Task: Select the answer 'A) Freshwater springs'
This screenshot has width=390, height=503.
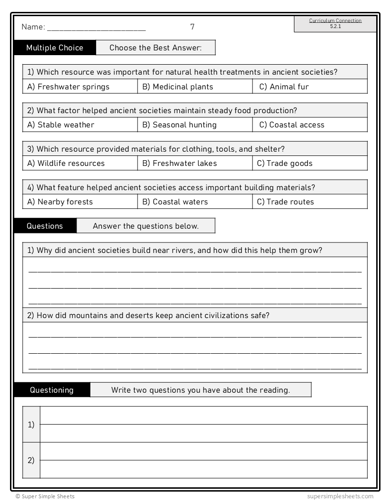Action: click(68, 87)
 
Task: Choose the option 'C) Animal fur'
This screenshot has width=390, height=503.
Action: click(284, 87)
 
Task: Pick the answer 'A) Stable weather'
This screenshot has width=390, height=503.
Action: click(61, 125)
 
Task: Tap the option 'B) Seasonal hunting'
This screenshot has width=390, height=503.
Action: click(180, 125)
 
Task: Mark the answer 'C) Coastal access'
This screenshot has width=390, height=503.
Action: click(292, 125)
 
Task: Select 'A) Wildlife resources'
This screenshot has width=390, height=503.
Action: click(66, 163)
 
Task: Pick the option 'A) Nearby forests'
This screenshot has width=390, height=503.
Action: click(60, 202)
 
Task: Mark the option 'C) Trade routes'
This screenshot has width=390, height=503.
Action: click(285, 202)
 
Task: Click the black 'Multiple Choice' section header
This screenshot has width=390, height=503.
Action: click(55, 48)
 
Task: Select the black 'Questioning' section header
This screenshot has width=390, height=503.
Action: click(52, 390)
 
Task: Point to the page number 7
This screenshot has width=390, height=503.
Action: click(192, 27)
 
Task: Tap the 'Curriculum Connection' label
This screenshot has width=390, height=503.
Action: click(335, 21)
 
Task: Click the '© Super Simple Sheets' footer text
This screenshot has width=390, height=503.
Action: click(45, 496)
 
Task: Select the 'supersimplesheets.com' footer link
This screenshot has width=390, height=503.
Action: click(341, 496)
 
